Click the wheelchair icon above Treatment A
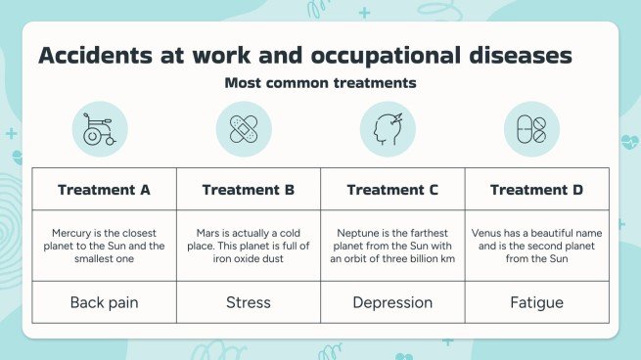pos(100,129)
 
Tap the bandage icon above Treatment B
pos(244,129)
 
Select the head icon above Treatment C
pos(388,129)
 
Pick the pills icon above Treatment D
pos(531,129)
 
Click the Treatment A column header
pos(104,189)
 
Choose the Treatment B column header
pos(248,189)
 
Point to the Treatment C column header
pos(392,189)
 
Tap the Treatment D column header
pos(536,189)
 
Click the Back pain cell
pos(104,302)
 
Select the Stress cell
pos(248,302)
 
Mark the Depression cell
pos(392,302)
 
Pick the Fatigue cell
pos(536,302)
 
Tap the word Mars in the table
pos(207,233)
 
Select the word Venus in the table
pos(488,233)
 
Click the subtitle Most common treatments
pos(320,83)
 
